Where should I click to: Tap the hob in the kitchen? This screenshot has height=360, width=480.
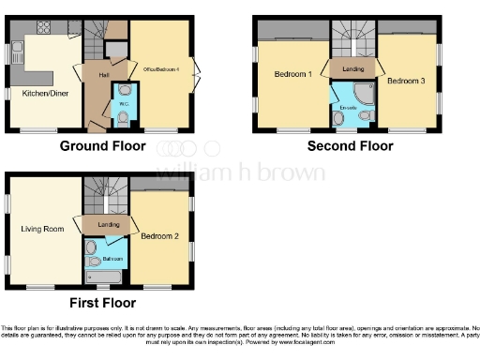click(42, 34)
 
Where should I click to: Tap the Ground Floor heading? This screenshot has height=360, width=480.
click(102, 146)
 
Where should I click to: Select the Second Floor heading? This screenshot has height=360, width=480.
click(350, 146)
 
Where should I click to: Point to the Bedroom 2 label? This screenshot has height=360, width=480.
click(158, 236)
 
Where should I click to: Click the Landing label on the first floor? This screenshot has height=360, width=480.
click(108, 224)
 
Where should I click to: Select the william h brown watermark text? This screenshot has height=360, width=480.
click(240, 172)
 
